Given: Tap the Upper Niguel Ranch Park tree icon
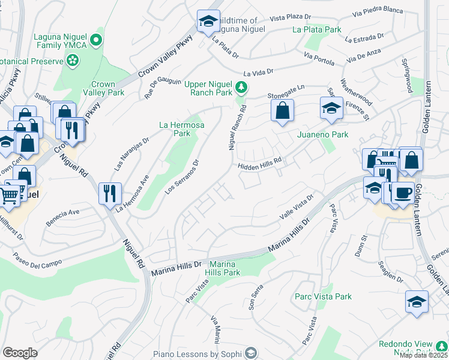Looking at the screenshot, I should (241, 88).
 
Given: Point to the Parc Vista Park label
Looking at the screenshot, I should (323, 296).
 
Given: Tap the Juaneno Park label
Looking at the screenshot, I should (323, 135).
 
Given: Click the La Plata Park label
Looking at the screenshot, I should (316, 29).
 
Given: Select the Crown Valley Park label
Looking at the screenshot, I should (107, 88).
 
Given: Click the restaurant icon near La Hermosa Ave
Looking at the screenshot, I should (109, 193).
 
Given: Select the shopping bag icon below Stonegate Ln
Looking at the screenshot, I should (282, 111).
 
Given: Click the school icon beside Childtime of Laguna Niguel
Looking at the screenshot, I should (208, 22).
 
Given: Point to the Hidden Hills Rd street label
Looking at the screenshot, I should (260, 167).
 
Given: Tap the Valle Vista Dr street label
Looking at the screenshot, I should (296, 208).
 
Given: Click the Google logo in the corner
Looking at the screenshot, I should (20, 353).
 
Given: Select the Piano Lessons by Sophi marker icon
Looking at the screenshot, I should (251, 353).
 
